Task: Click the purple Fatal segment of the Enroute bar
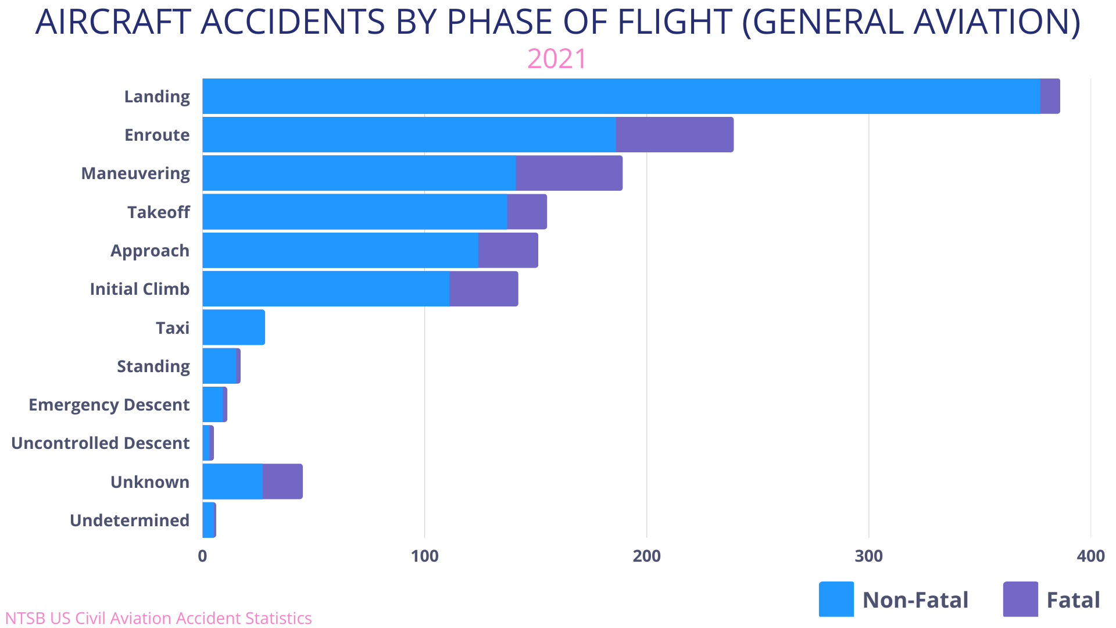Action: click(x=674, y=134)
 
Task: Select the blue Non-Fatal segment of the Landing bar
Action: click(x=621, y=96)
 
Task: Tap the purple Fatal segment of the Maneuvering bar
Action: click(x=569, y=173)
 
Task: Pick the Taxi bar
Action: click(x=234, y=327)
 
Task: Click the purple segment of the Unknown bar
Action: click(x=282, y=481)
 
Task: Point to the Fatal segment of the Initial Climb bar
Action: click(x=484, y=289)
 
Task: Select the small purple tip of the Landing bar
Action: click(x=1050, y=96)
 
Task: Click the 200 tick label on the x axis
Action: click(x=646, y=556)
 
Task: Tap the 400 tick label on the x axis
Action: click(x=1090, y=556)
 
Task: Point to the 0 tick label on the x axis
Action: click(x=202, y=556)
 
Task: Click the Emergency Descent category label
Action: click(x=109, y=405)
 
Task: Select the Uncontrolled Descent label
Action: click(x=101, y=443)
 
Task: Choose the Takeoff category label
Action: click(x=158, y=212)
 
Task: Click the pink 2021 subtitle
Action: click(x=557, y=59)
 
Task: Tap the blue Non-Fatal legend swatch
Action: click(x=836, y=599)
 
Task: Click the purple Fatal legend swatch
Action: click(x=1020, y=599)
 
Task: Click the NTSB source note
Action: click(x=158, y=618)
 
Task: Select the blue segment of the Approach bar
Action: click(x=340, y=251)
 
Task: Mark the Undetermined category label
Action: click(x=130, y=520)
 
